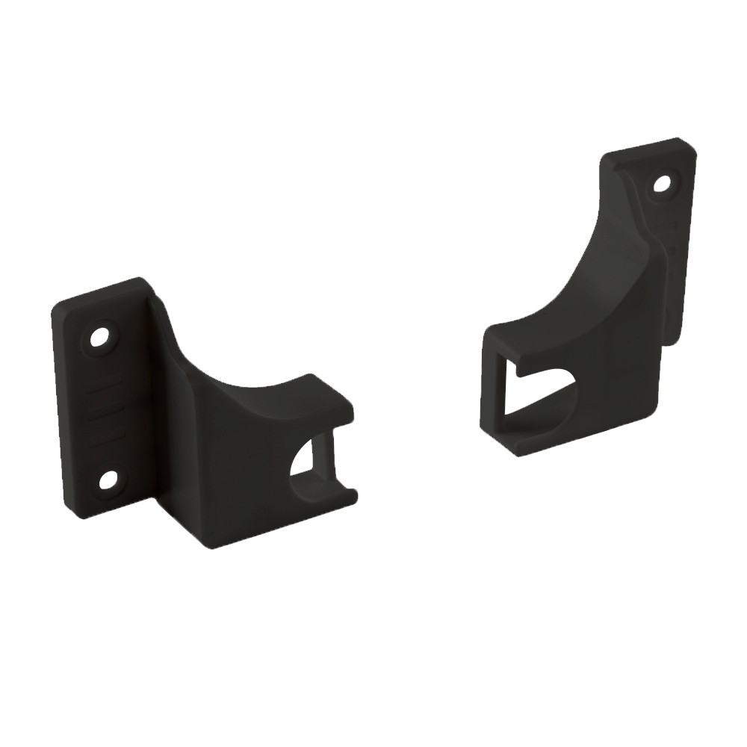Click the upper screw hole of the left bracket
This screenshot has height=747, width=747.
pyautogui.click(x=102, y=336)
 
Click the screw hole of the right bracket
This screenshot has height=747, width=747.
pyautogui.click(x=661, y=182)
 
